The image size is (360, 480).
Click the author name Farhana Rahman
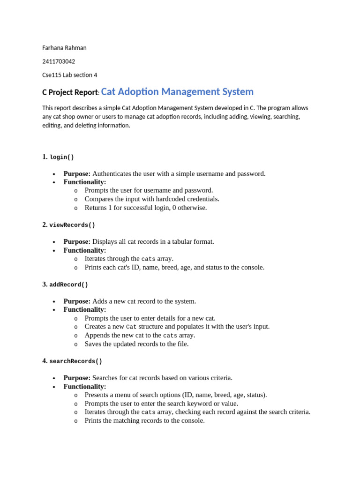tap(64, 48)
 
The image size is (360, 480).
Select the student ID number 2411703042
tap(59, 61)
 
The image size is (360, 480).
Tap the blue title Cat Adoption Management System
tap(177, 92)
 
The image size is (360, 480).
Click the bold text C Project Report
tap(70, 93)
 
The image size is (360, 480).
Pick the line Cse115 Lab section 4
tap(69, 75)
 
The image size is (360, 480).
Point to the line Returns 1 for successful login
tap(145, 208)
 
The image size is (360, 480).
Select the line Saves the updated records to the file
tap(136, 344)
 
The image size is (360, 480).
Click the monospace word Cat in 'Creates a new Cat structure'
tap(131, 327)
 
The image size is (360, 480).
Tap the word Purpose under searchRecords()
tap(76, 378)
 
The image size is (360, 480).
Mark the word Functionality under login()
tap(85, 182)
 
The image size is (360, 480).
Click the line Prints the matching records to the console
tap(144, 420)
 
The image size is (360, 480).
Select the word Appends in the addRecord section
tap(97, 335)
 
